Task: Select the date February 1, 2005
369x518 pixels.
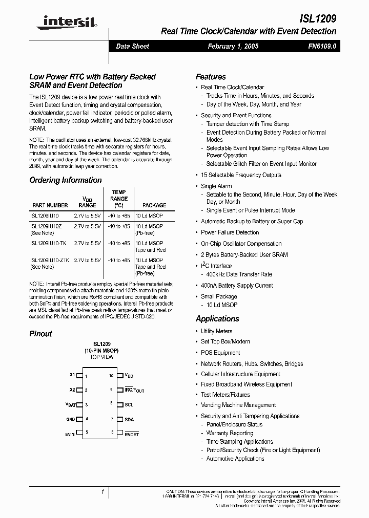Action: [x=233, y=46]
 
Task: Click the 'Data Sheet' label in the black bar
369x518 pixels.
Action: [x=133, y=46]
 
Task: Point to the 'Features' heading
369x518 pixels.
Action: [x=211, y=77]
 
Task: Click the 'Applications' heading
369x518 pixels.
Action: [x=217, y=319]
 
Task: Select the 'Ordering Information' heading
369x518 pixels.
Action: [x=66, y=180]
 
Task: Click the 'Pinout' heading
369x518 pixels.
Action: [x=41, y=334]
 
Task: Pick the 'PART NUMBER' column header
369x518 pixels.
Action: [x=50, y=205]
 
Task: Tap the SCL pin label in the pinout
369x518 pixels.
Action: [x=129, y=404]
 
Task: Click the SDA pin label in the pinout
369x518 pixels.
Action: [x=129, y=419]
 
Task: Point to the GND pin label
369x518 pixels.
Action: [x=71, y=419]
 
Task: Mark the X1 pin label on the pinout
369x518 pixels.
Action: [x=72, y=375]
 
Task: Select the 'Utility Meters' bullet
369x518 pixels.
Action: [x=216, y=331]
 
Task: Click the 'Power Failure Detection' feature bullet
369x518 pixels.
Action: [x=230, y=232]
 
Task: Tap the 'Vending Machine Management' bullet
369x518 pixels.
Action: [x=238, y=405]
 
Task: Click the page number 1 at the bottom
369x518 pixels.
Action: [x=102, y=492]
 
